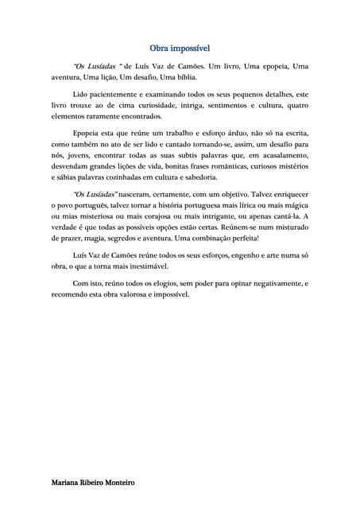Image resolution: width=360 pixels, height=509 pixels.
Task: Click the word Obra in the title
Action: pyautogui.click(x=162, y=48)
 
